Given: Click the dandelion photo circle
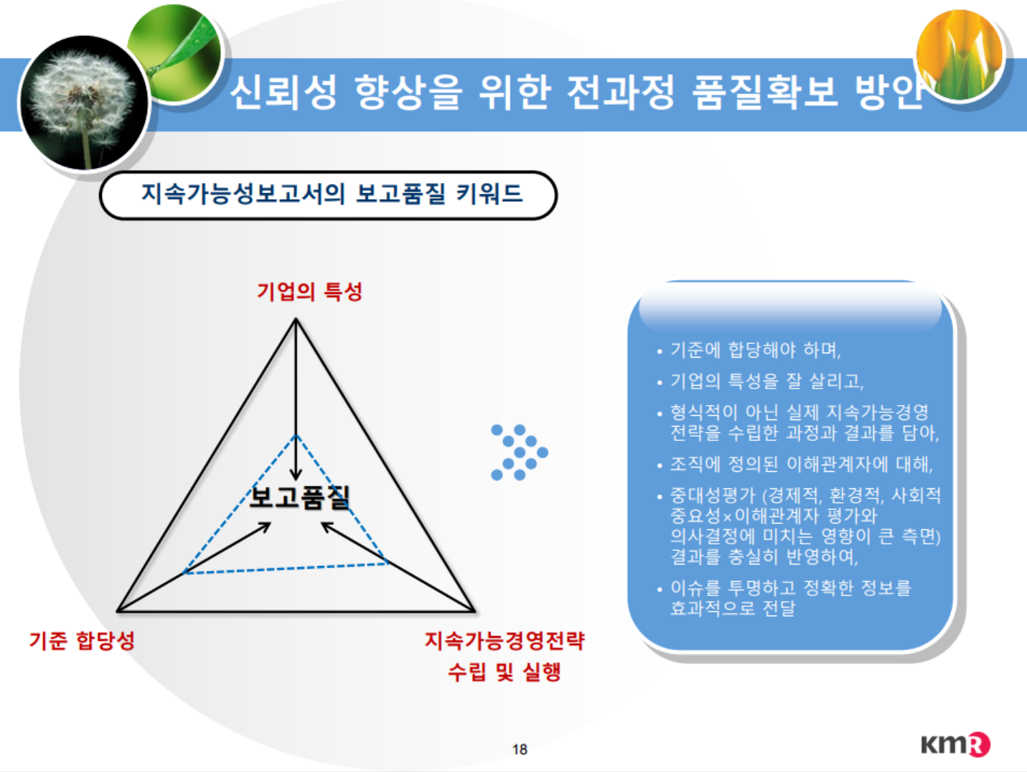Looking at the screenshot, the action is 84,102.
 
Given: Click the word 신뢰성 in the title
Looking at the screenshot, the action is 283,93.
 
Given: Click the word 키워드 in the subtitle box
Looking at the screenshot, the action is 489,194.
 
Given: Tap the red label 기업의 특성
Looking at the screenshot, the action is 309,292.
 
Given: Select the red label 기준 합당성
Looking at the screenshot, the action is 82,641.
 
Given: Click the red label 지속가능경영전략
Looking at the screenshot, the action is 505,641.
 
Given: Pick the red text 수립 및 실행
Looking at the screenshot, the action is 505,672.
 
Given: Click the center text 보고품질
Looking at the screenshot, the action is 300,497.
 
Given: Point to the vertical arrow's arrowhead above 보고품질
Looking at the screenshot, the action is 296,474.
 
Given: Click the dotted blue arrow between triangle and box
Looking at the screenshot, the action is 520,452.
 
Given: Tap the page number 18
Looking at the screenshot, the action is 520,750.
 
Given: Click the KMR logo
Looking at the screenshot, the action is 956,745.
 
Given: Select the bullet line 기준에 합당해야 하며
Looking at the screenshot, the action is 756,350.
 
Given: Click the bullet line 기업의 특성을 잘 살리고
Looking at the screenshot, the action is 767,381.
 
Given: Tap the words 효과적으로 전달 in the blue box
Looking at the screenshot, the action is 733,608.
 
